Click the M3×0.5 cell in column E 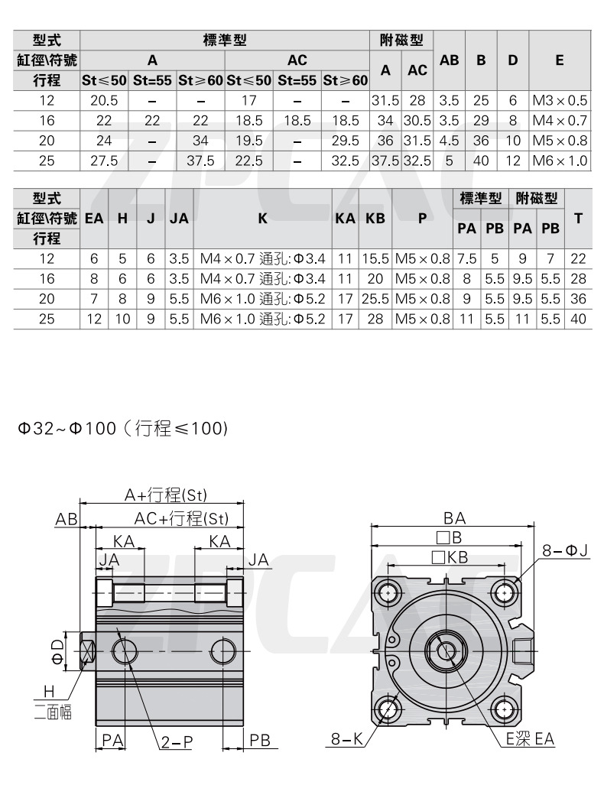pyautogui.click(x=560, y=100)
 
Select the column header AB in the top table pyautogui.click(x=450, y=60)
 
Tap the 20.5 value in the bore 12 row pyautogui.click(x=104, y=100)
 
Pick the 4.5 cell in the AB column pyautogui.click(x=450, y=141)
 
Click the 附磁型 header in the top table pyautogui.click(x=401, y=40)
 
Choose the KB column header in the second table pyautogui.click(x=375, y=218)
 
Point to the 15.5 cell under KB pyautogui.click(x=375, y=259)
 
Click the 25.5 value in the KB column pyautogui.click(x=375, y=299)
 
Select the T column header pyautogui.click(x=579, y=218)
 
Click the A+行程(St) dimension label pyautogui.click(x=166, y=495)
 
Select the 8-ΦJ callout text pyautogui.click(x=564, y=550)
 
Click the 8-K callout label pyautogui.click(x=346, y=739)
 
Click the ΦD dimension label pyautogui.click(x=58, y=651)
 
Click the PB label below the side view pyautogui.click(x=261, y=740)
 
